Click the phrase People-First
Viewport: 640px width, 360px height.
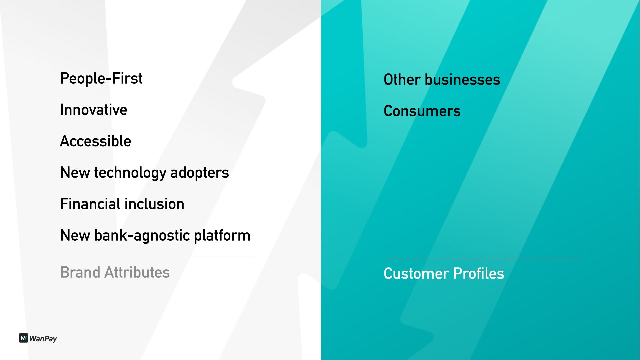point(101,79)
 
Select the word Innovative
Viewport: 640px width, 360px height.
point(94,110)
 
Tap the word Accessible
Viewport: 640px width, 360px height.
point(96,141)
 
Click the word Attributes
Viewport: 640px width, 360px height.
point(137,272)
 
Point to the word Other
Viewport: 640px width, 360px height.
point(402,80)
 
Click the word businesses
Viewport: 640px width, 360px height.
point(463,80)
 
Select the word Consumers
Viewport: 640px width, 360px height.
point(422,111)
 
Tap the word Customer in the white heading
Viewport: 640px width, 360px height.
point(416,274)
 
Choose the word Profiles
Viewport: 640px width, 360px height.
point(479,274)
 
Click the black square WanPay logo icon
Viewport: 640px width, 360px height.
point(23,338)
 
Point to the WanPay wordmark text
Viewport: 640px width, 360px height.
point(43,339)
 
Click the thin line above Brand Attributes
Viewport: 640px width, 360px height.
point(158,257)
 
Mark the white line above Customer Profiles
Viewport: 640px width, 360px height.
point(482,258)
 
